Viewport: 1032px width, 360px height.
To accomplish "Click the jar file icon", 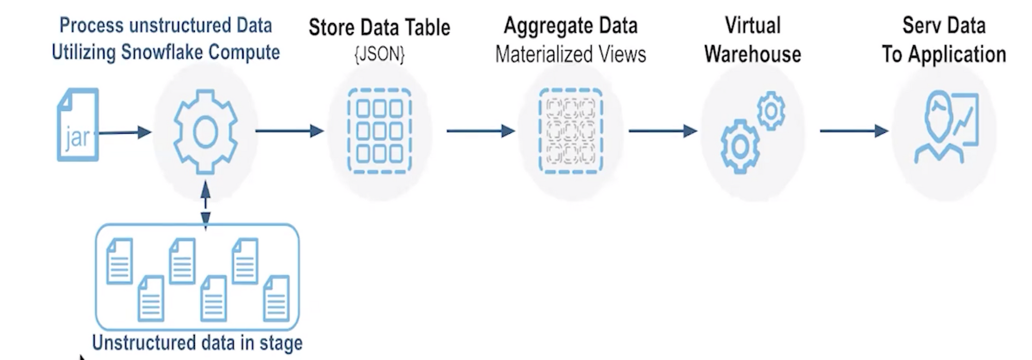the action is tap(78, 125).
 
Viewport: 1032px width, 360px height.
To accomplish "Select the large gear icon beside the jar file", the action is tap(205, 132).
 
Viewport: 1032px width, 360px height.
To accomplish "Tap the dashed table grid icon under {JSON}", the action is tap(380, 131).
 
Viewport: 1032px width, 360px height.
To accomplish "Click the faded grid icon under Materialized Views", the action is tap(571, 131).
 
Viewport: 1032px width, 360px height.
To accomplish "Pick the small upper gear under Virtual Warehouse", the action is tap(771, 110).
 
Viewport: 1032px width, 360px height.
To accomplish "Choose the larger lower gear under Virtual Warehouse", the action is tap(740, 146).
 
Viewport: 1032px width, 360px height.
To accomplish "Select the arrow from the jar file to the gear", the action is tap(125, 133).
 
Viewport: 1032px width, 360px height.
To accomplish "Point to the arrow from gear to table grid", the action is tap(289, 131).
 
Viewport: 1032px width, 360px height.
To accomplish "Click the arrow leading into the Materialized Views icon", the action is tap(480, 131).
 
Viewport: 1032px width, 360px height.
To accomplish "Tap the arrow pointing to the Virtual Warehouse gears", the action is tap(663, 131).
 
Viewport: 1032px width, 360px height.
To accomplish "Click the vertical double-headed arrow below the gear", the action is tap(205, 205).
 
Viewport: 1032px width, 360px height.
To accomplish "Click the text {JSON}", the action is tap(380, 54).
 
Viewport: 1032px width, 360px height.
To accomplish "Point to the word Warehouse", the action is tap(752, 54).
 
